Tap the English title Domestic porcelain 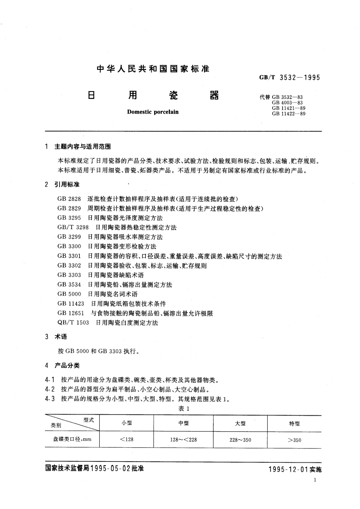(x=153, y=112)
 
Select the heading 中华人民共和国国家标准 (x=153, y=69)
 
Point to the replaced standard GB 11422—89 (x=288, y=114)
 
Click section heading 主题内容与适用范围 (x=83, y=147)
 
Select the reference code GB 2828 (x=69, y=199)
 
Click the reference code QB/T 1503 (x=73, y=323)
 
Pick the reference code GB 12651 (x=71, y=313)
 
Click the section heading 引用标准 (x=67, y=184)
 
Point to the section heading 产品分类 (x=67, y=365)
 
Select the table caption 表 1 (x=184, y=409)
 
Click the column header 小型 (x=127, y=423)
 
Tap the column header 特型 (x=294, y=424)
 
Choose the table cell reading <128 (x=127, y=439)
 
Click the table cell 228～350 (x=240, y=440)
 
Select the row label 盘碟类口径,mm (x=72, y=439)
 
